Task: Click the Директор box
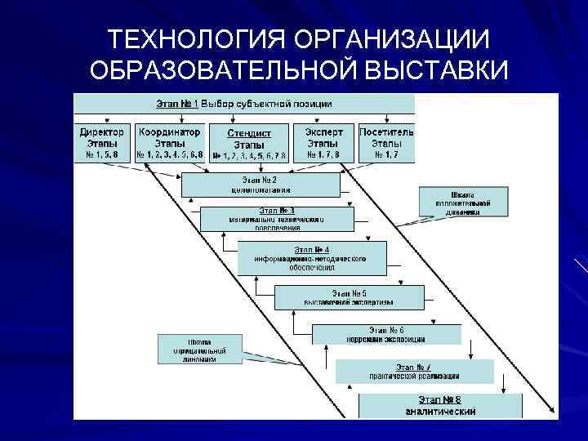click(102, 143)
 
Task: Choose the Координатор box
click(169, 143)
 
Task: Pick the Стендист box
click(248, 144)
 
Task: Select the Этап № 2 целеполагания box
click(260, 184)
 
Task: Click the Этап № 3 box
click(277, 219)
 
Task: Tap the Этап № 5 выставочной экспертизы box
click(349, 297)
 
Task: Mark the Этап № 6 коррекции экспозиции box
click(385, 334)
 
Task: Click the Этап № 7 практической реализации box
click(425, 372)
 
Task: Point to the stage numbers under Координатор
click(169, 154)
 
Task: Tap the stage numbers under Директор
click(102, 154)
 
